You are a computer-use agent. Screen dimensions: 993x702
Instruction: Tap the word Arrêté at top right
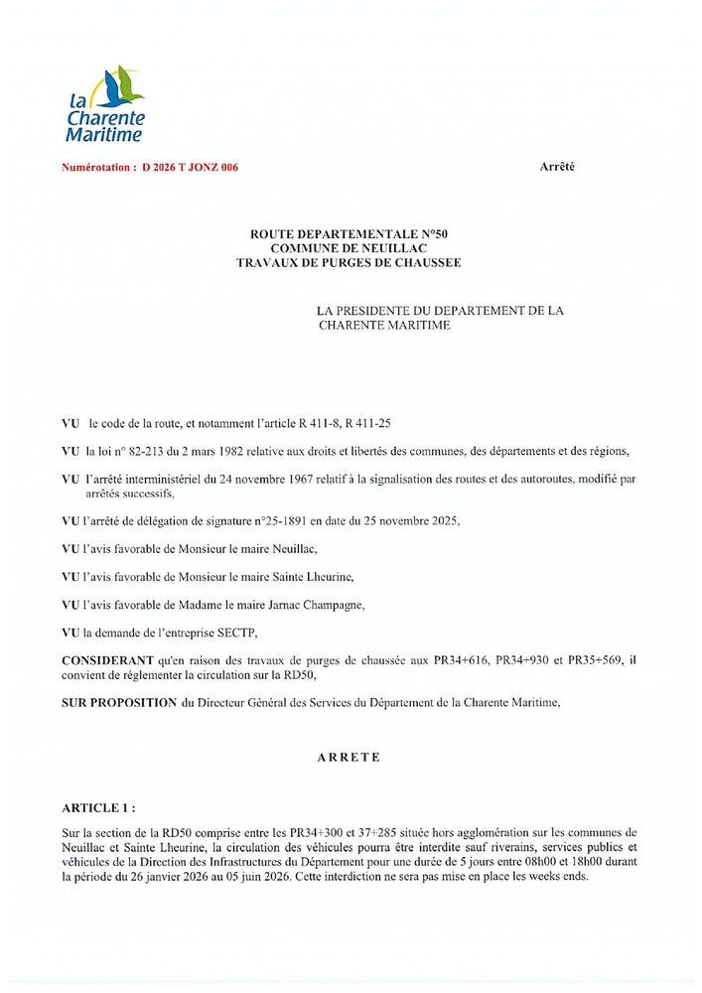557,167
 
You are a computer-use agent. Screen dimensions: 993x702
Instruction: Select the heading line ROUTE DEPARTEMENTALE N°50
350,233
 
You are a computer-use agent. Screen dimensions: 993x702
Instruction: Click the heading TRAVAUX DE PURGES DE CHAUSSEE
350,262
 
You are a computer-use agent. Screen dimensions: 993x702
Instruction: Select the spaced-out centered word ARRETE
350,757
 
